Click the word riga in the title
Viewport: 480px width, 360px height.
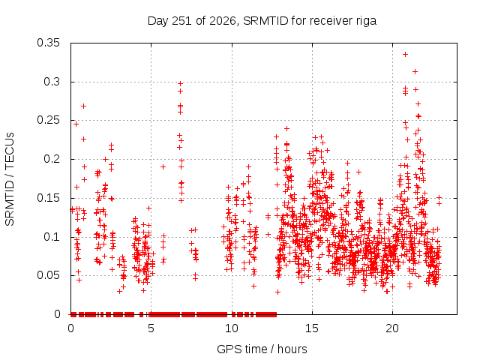point(366,21)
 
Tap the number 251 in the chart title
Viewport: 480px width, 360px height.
point(181,21)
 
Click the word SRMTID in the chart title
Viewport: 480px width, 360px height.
point(265,21)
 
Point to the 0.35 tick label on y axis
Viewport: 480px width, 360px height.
point(48,43)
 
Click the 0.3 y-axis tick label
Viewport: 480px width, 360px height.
point(52,82)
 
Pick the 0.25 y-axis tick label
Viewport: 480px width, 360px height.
point(48,120)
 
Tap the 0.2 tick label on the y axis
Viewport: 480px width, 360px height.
point(52,159)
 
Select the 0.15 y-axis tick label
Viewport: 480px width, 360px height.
point(48,198)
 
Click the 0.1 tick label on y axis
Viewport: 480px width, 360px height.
point(52,237)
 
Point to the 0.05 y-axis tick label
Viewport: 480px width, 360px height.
point(48,275)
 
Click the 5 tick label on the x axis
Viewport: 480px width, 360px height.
point(151,328)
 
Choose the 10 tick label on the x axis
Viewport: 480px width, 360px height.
point(232,328)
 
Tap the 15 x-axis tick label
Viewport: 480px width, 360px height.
point(312,328)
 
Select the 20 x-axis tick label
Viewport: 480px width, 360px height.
point(392,328)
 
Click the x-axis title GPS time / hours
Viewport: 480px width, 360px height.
point(262,349)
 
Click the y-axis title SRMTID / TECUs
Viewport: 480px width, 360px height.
point(10,179)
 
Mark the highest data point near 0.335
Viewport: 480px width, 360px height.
point(405,55)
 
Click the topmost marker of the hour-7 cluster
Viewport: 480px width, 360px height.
point(180,83)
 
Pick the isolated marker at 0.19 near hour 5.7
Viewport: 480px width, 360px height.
point(163,166)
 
